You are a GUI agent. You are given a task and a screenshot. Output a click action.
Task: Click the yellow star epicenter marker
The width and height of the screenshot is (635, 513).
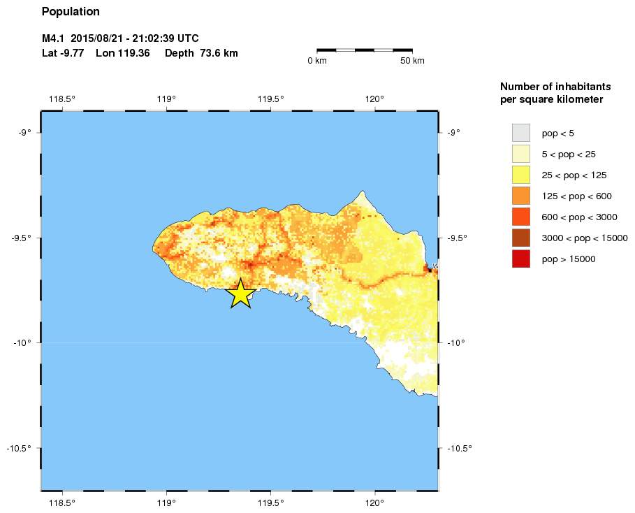[x=240, y=294]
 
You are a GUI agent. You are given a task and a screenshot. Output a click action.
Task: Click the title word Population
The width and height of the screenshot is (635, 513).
[x=71, y=12]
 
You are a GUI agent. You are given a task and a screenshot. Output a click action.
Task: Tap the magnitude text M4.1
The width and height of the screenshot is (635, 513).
[x=54, y=38]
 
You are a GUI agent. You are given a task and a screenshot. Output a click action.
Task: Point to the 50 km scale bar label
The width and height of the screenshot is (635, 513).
[x=412, y=61]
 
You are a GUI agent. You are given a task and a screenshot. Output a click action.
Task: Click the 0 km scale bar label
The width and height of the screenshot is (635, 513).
[x=317, y=61]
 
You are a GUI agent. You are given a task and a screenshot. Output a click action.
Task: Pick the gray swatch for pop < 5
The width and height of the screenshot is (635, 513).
[x=521, y=133]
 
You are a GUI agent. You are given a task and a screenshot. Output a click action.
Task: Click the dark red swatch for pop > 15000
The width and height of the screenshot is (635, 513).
[x=521, y=259]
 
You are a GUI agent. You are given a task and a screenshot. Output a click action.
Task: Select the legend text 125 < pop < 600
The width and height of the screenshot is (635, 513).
[x=576, y=196]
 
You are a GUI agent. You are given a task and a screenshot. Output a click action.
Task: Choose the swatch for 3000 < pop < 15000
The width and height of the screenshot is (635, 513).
[x=521, y=238]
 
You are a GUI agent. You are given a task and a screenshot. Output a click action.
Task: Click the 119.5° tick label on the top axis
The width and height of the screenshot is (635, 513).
[x=271, y=99]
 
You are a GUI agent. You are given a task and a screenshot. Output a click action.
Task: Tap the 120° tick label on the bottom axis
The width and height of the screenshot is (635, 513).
[x=374, y=501]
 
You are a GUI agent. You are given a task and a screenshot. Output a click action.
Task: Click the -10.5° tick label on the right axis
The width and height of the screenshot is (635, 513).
[x=459, y=448]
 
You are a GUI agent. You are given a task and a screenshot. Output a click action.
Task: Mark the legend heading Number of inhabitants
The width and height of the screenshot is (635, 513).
[x=555, y=87]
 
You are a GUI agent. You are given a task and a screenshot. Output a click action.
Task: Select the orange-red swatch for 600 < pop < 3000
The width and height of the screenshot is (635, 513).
[x=521, y=217]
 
